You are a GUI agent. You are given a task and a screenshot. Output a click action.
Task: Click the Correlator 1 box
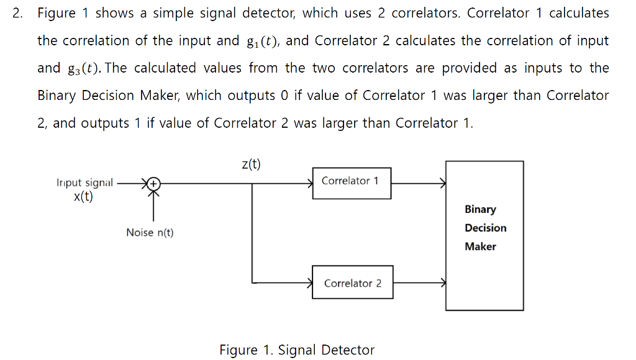(x=352, y=183)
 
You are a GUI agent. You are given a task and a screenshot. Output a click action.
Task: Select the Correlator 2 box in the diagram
(x=352, y=282)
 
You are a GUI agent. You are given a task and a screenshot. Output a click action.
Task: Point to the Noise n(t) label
(x=150, y=233)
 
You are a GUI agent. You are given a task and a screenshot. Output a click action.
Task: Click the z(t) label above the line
(x=251, y=164)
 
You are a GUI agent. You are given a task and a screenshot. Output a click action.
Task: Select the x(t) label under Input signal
(x=83, y=197)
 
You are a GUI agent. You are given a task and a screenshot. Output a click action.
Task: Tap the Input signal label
(x=84, y=183)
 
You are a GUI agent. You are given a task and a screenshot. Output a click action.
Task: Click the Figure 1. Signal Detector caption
(x=297, y=350)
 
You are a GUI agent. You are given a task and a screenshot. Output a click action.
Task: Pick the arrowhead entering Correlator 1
(x=310, y=184)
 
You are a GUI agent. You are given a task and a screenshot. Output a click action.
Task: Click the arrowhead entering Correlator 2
(x=310, y=283)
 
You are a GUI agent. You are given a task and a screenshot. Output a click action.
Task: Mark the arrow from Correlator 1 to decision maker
(x=418, y=184)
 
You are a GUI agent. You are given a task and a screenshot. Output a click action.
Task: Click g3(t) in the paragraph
(x=79, y=68)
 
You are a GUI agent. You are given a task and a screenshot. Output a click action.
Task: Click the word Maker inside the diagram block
(x=480, y=246)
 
